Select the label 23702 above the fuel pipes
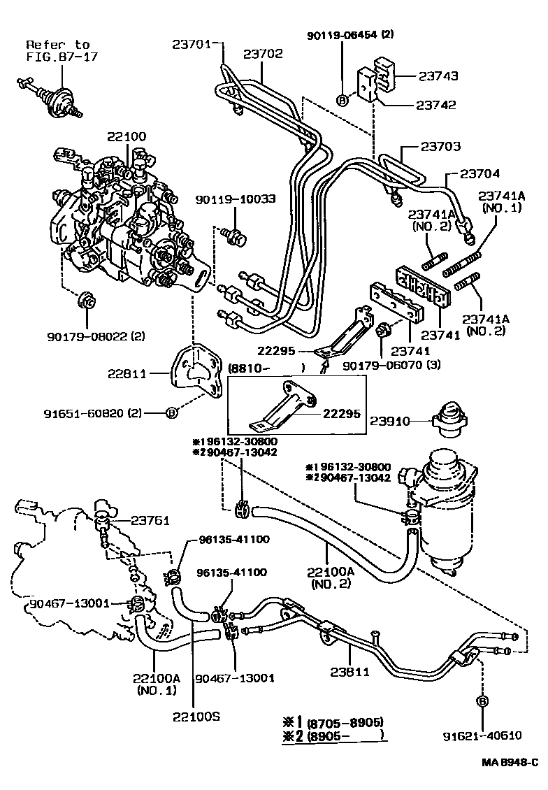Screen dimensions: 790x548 point(263,53)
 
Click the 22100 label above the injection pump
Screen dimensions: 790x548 point(127,136)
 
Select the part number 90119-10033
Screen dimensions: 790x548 point(245,199)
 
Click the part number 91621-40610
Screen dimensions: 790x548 point(482,735)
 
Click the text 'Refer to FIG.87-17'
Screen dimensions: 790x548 point(57,50)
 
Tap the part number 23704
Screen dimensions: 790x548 point(480,174)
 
